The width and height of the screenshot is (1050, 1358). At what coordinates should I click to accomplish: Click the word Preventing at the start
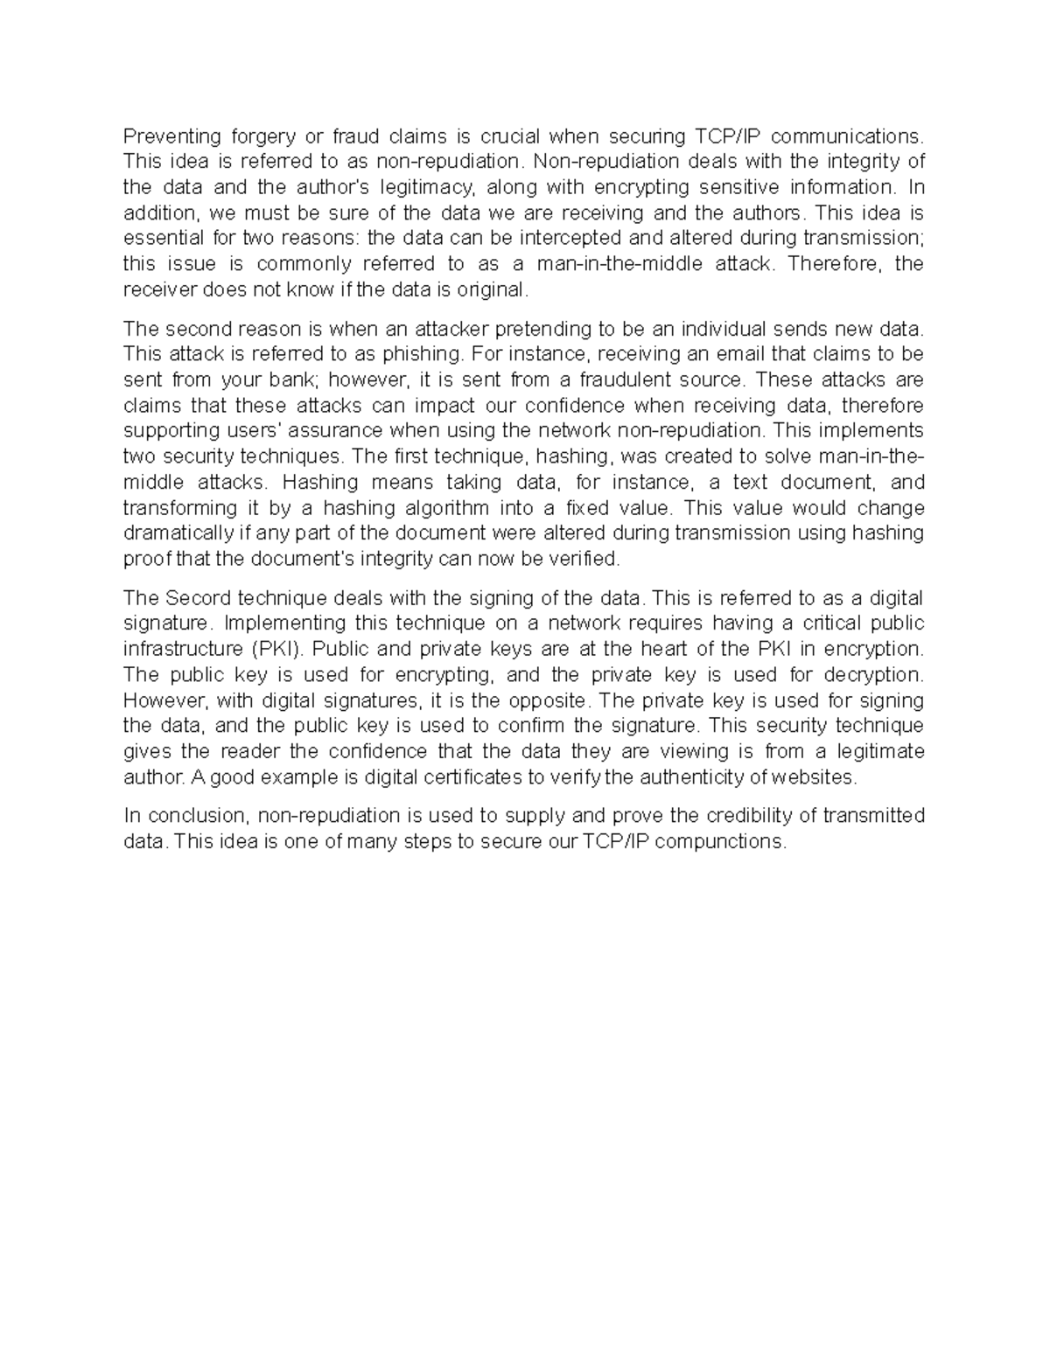[172, 136]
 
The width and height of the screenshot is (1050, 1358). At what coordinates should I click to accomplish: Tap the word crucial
[510, 136]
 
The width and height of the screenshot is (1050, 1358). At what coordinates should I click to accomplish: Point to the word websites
[818, 777]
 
